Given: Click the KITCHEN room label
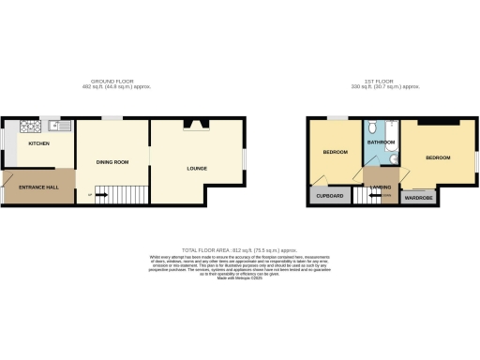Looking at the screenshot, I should [38, 143].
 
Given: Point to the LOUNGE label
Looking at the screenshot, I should [196, 169].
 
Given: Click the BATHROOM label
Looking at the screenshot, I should [381, 142].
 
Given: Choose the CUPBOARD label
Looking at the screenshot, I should [329, 196].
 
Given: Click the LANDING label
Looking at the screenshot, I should [381, 187].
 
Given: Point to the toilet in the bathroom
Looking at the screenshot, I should [373, 127].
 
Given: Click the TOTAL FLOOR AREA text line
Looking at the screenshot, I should [239, 249].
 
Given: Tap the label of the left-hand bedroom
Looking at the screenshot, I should [336, 152].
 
